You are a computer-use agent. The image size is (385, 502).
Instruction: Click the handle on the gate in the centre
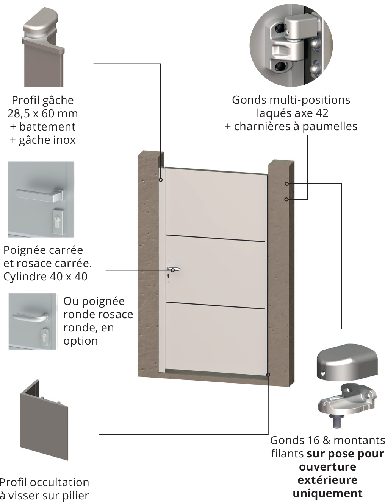click(x=174, y=269)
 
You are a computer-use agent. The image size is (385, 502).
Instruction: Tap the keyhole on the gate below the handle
click(x=168, y=276)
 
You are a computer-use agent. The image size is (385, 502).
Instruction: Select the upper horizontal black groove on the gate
click(x=215, y=239)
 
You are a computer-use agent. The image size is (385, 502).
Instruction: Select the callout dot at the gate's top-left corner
click(x=161, y=180)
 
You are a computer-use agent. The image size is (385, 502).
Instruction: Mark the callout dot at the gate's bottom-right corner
click(x=268, y=375)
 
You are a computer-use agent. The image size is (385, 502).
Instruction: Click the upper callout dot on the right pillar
click(x=287, y=183)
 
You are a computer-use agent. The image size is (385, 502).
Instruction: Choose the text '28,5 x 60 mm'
click(x=42, y=113)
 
